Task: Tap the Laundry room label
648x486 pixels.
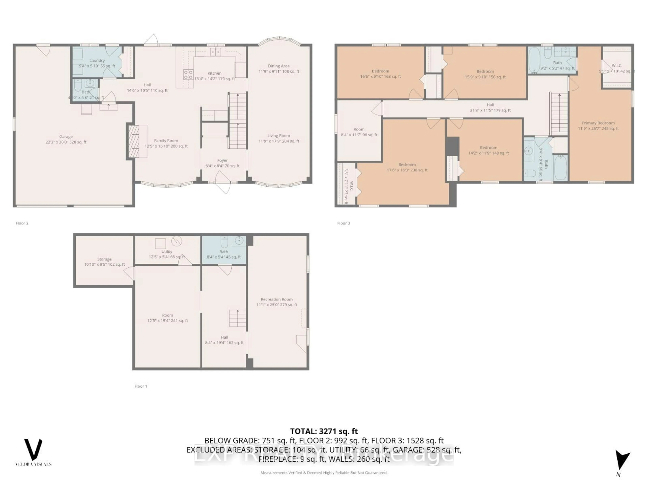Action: [x=97, y=60]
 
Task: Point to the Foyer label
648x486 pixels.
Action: [x=222, y=160]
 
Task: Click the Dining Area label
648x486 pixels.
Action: [x=279, y=66]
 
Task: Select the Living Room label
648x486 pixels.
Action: [x=279, y=136]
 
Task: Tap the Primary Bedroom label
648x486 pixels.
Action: [x=598, y=123]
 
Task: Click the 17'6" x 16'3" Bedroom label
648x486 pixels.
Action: [x=407, y=165]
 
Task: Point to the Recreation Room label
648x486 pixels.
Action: [x=277, y=299]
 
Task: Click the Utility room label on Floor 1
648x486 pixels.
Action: [x=167, y=252]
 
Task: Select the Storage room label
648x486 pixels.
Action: [x=104, y=259]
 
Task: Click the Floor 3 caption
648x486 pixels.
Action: [x=343, y=223]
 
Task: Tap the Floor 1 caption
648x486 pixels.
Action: [x=141, y=386]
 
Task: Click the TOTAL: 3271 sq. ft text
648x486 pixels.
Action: [x=324, y=431]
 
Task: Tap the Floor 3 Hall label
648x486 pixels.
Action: [x=490, y=105]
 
